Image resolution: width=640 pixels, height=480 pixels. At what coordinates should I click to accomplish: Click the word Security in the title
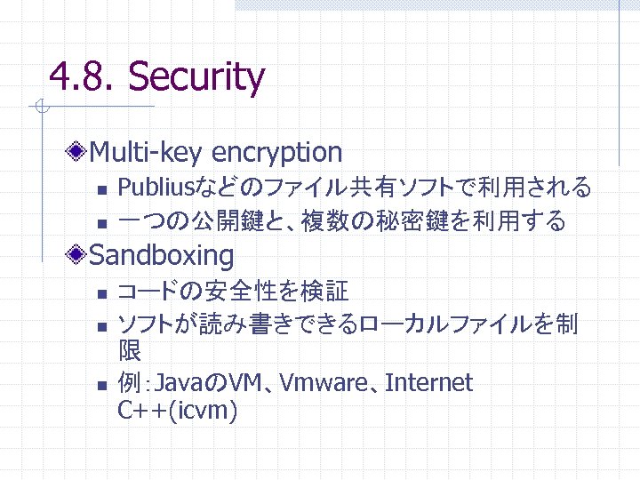tap(196, 77)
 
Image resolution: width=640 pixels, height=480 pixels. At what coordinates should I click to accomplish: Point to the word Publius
tap(156, 188)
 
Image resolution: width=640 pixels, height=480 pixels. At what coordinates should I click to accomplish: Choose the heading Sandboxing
tap(162, 256)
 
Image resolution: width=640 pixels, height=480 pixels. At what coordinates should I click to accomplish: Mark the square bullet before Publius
tap(102, 189)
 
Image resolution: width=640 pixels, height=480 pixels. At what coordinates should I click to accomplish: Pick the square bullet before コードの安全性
tap(102, 292)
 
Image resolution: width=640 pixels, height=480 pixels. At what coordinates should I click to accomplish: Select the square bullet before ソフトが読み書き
tap(102, 325)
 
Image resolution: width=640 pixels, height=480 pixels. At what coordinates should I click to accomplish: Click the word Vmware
tap(326, 383)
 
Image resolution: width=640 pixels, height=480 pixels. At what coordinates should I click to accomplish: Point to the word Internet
tap(430, 383)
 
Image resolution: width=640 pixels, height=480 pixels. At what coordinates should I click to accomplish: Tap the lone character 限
tap(129, 352)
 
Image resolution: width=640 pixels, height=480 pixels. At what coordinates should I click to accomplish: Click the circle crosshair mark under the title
tap(39, 108)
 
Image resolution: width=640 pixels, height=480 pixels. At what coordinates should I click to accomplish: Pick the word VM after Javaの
tap(241, 383)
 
